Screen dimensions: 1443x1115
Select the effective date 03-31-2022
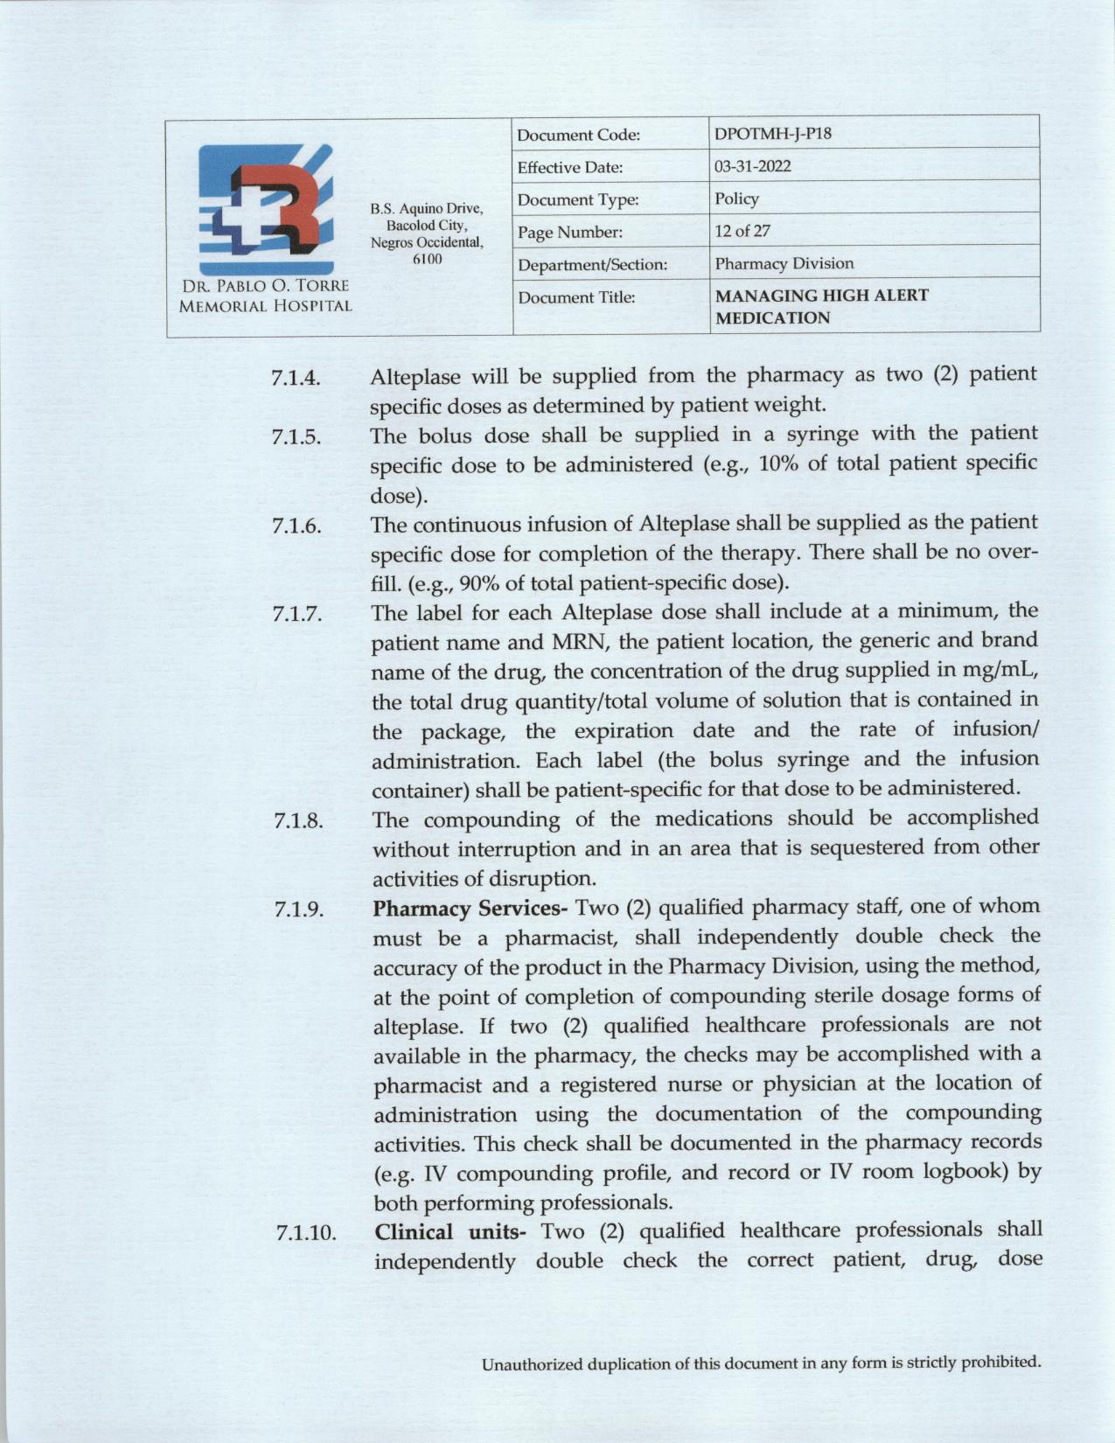tap(753, 167)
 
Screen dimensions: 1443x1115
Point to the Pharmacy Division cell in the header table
tap(784, 263)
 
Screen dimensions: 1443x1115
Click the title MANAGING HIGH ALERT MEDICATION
tap(821, 307)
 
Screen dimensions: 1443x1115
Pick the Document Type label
tap(577, 200)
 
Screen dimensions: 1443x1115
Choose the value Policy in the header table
tap(736, 199)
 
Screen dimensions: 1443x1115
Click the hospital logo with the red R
tap(266, 209)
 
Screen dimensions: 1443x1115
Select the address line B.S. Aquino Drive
tap(426, 208)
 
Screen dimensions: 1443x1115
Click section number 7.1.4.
tap(296, 379)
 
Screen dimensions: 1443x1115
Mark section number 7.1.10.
tap(306, 1234)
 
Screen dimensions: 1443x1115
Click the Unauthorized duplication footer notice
tap(762, 1363)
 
